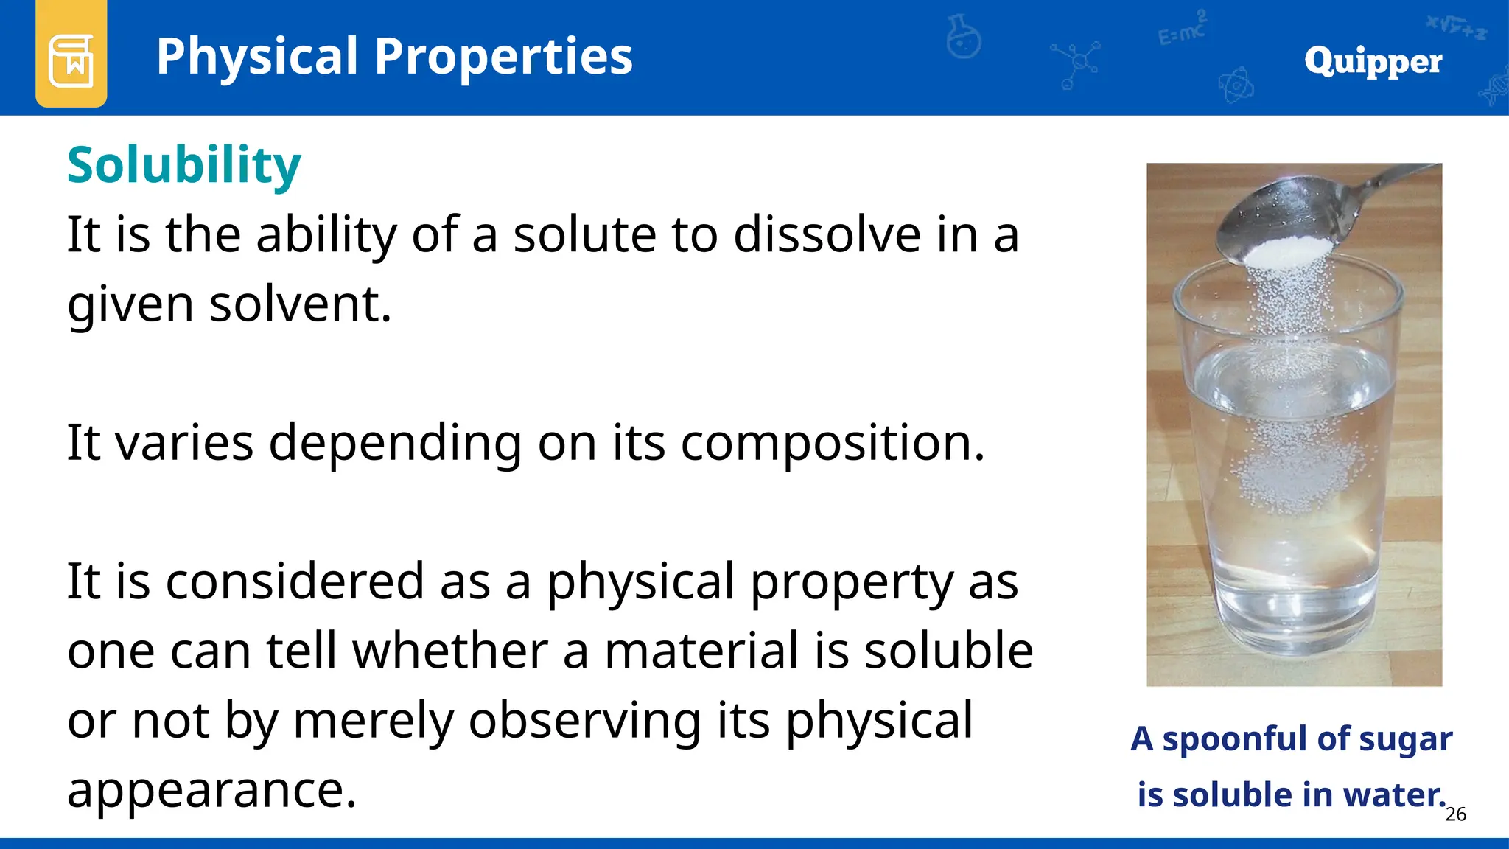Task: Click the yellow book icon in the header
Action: pyautogui.click(x=71, y=59)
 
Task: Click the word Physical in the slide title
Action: pyautogui.click(x=256, y=57)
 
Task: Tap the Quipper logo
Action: pyautogui.click(x=1373, y=60)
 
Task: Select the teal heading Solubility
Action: pyautogui.click(x=183, y=165)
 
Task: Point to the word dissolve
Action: pyautogui.click(x=827, y=235)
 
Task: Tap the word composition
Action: pyautogui.click(x=832, y=443)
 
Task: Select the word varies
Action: pyautogui.click(x=184, y=443)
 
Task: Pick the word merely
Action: pyautogui.click(x=373, y=720)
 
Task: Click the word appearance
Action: pyautogui.click(x=211, y=789)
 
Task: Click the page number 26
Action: pyautogui.click(x=1455, y=814)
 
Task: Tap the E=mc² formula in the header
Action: pyautogui.click(x=1182, y=29)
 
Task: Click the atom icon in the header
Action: pyautogui.click(x=1236, y=85)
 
